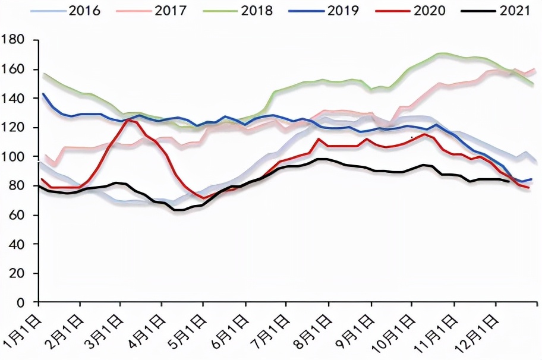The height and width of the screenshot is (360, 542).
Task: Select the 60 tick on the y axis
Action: (17, 215)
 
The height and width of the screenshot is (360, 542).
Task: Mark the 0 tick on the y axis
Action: (21, 302)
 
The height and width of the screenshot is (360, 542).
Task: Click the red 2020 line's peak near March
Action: (127, 120)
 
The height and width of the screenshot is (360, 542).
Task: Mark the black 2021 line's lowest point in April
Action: (178, 210)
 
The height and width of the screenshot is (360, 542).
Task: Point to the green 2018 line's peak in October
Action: (441, 53)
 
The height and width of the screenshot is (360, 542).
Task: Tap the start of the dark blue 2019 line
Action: (43, 94)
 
